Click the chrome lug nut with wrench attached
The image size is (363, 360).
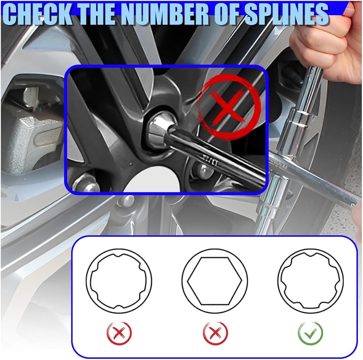(160, 131)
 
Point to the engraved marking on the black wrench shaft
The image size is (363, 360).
(211, 161)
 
